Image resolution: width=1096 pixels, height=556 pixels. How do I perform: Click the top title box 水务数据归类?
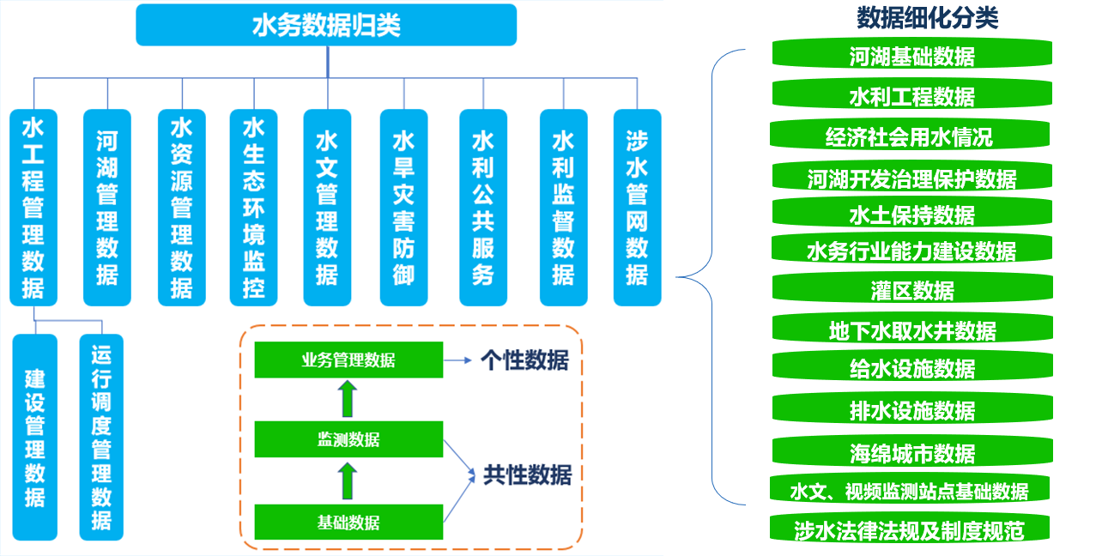point(326,25)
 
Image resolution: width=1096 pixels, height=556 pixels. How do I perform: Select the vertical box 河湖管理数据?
point(107,208)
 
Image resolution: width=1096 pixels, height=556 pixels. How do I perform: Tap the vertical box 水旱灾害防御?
point(403,208)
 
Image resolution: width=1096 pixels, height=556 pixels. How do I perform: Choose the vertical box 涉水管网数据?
point(637,208)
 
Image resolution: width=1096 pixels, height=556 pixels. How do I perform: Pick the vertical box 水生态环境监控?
point(253,208)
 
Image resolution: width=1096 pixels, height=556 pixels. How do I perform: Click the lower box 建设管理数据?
point(34,438)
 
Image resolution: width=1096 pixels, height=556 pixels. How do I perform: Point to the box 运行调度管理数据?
point(101,438)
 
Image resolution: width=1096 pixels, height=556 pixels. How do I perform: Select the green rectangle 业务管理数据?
point(348,360)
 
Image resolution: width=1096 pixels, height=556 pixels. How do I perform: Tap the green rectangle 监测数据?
point(348,439)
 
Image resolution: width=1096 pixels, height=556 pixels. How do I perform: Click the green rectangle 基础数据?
point(348,523)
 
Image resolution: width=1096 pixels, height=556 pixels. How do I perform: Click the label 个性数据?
point(525,360)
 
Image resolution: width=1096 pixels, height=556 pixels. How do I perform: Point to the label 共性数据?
point(528,474)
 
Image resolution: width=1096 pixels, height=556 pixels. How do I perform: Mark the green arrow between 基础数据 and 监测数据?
point(348,481)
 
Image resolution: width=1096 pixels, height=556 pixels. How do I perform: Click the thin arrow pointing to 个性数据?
point(457,360)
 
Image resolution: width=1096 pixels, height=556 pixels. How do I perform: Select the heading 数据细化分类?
point(927,18)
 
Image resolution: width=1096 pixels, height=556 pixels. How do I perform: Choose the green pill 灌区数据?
point(912,288)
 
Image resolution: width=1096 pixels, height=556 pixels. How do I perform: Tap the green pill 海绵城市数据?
point(912,452)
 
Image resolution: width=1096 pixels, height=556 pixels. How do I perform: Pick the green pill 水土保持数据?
point(912,213)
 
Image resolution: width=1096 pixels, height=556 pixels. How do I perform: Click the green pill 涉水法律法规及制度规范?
point(910,529)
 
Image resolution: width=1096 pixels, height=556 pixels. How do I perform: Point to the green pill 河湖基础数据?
point(912,54)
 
